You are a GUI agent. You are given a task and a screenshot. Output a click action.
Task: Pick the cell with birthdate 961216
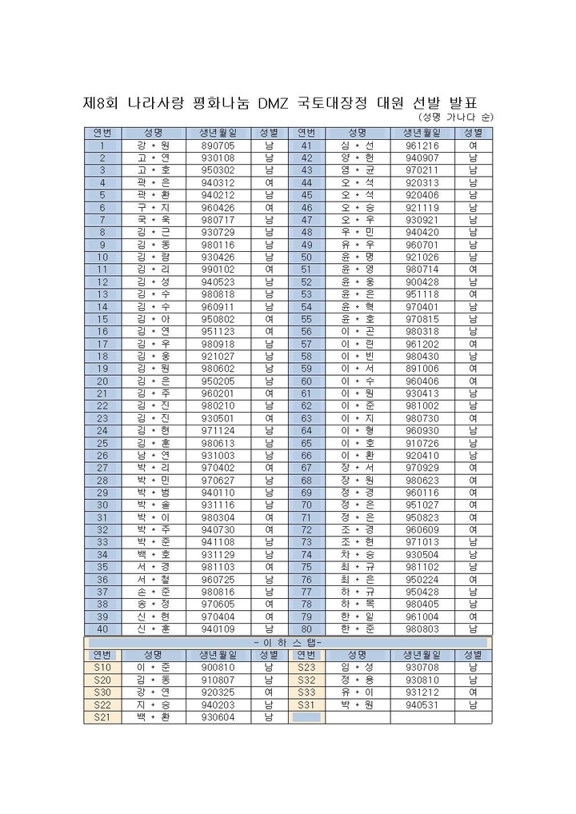click(422, 146)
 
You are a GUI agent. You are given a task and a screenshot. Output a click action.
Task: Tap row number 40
click(102, 628)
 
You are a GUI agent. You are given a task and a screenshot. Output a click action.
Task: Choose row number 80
click(306, 628)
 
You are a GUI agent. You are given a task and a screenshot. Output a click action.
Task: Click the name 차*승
click(357, 554)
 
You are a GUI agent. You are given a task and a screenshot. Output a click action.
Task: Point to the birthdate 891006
click(422, 369)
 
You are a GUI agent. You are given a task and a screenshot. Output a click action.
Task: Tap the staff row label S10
click(102, 667)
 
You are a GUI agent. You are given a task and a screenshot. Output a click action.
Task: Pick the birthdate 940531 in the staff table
click(422, 704)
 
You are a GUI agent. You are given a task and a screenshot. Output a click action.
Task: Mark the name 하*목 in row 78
click(357, 604)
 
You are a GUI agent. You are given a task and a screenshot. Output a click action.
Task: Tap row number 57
click(306, 344)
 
